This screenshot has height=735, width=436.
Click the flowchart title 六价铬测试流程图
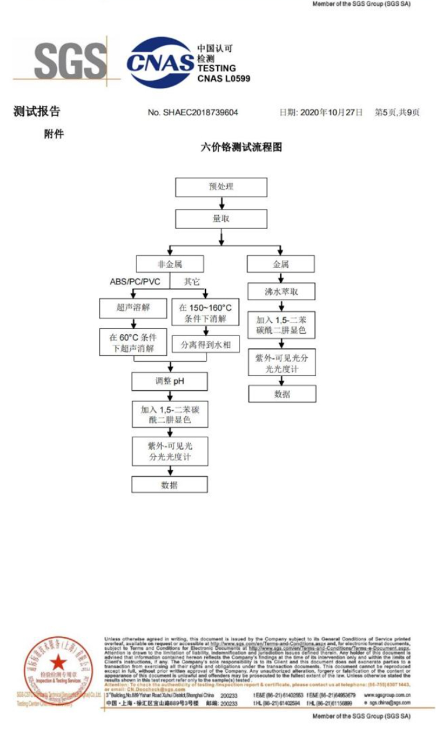pyautogui.click(x=240, y=147)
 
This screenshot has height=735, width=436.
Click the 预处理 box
pyautogui.click(x=221, y=187)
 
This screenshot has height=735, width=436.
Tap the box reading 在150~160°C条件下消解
pyautogui.click(x=206, y=312)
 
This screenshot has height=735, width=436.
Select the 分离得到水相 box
pyautogui.click(x=206, y=344)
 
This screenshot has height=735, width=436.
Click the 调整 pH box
pyautogui.click(x=170, y=381)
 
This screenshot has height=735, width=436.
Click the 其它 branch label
pyautogui.click(x=192, y=281)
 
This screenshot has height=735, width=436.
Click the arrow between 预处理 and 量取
pyautogui.click(x=221, y=202)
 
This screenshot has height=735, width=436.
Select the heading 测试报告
pyautogui.click(x=37, y=112)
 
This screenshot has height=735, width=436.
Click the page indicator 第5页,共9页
pyautogui.click(x=396, y=112)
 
